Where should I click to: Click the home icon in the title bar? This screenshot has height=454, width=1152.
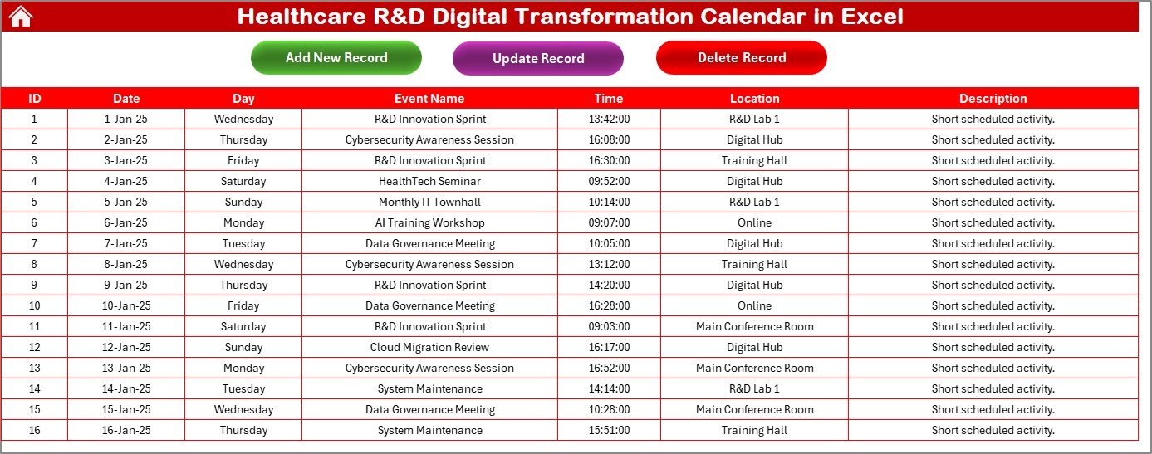tap(20, 17)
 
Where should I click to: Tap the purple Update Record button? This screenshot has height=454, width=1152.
tap(538, 58)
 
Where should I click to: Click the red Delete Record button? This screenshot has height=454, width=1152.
tap(741, 57)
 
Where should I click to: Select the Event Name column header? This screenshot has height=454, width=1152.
tap(429, 98)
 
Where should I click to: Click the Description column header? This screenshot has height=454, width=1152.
tap(993, 98)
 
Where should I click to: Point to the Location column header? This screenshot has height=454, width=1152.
tap(754, 98)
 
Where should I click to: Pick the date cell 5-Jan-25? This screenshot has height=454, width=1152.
tap(126, 202)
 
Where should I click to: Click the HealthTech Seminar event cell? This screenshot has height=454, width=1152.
tap(429, 181)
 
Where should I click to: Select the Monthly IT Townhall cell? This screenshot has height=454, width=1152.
tap(429, 202)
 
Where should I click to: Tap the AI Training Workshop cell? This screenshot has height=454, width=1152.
tap(429, 222)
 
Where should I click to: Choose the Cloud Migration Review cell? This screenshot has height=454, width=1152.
tap(429, 347)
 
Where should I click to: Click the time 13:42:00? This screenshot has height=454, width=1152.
tap(609, 119)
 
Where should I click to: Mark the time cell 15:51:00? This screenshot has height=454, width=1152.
tap(609, 430)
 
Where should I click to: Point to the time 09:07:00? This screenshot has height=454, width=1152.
tap(609, 222)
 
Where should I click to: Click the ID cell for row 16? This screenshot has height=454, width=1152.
tap(34, 430)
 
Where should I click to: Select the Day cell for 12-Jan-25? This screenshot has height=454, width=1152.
tap(243, 347)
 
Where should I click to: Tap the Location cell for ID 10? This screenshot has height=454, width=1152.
tap(754, 305)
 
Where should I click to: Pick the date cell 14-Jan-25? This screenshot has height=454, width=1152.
tap(126, 388)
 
